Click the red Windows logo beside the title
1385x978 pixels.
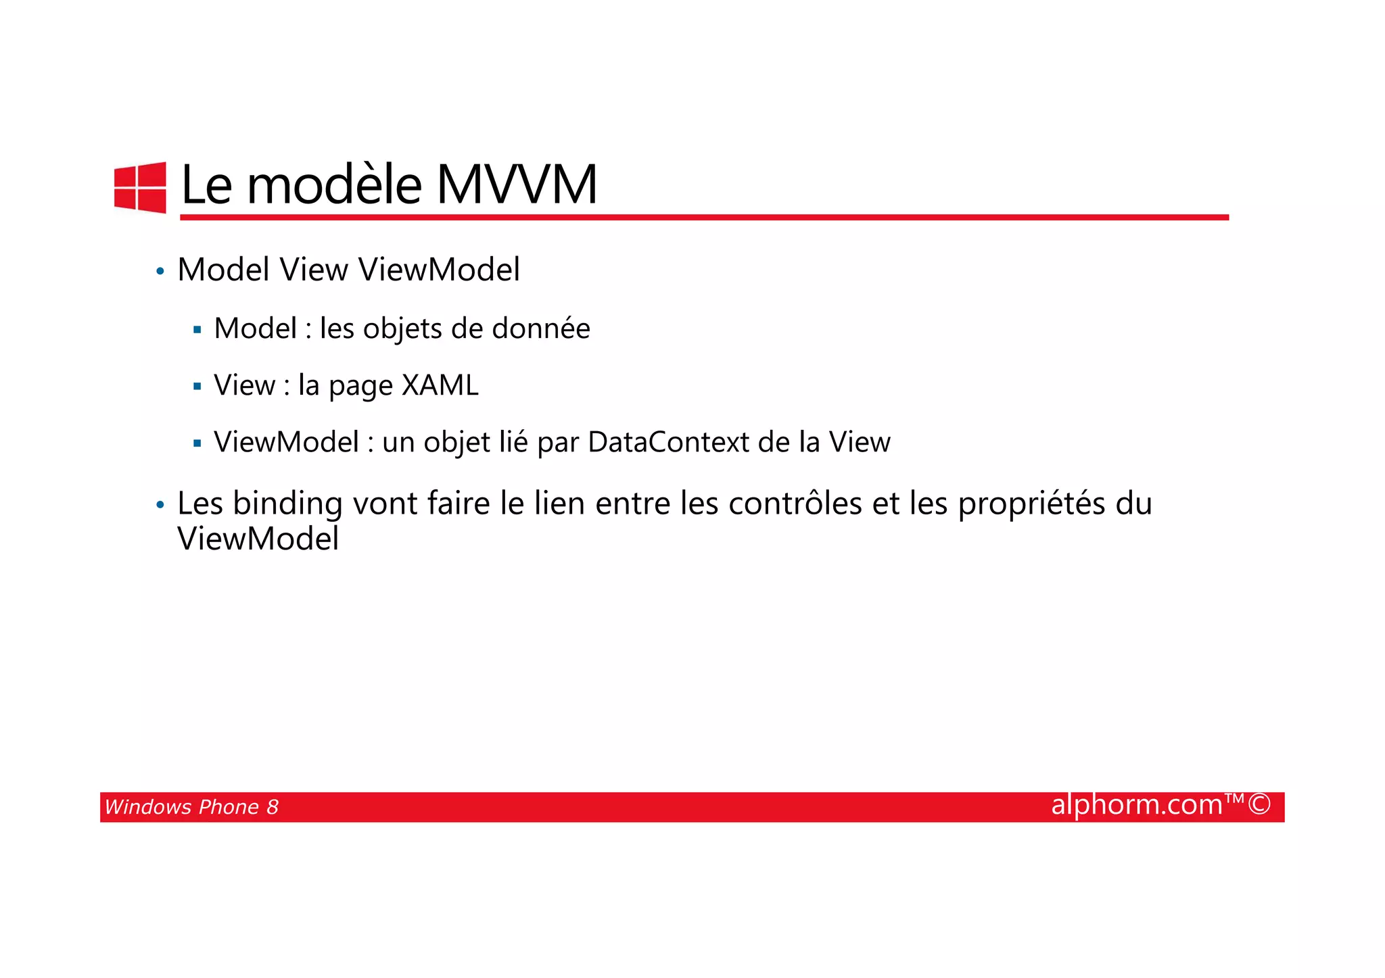pyautogui.click(x=140, y=187)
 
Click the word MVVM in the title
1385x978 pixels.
pyautogui.click(x=517, y=185)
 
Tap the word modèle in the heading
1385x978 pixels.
pyautogui.click(x=335, y=185)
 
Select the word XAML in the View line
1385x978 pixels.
pyautogui.click(x=440, y=385)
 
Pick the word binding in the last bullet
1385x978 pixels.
pyautogui.click(x=287, y=504)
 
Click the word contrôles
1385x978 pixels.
pyautogui.click(x=795, y=504)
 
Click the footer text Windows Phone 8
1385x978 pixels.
pyautogui.click(x=191, y=807)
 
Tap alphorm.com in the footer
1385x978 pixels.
pyautogui.click(x=1137, y=804)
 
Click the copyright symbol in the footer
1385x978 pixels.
pyautogui.click(x=1259, y=804)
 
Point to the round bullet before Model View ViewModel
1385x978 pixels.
pyautogui.click(x=160, y=272)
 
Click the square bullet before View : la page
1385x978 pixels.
pyautogui.click(x=197, y=387)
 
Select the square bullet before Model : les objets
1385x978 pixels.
pyautogui.click(x=197, y=331)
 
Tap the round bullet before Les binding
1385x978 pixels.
pyautogui.click(x=160, y=505)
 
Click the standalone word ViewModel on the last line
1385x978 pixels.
pyautogui.click(x=258, y=539)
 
